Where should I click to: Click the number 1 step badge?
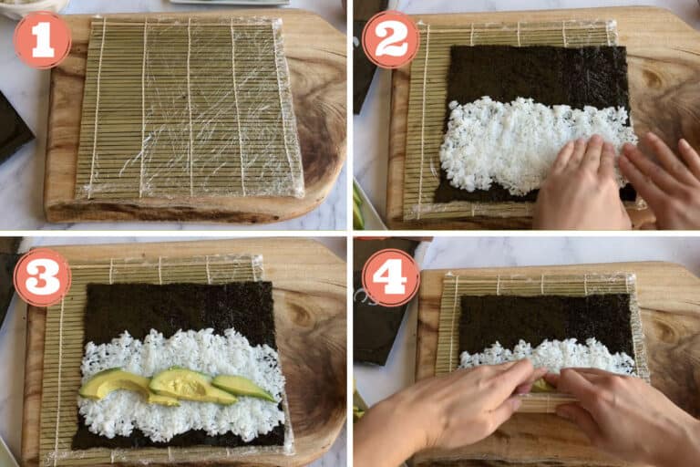(x=43, y=40)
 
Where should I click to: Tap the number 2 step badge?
(x=391, y=40)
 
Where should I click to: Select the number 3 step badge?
(x=43, y=277)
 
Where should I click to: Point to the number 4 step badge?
(x=391, y=277)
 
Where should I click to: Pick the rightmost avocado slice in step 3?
(x=243, y=387)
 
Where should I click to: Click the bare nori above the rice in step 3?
(x=179, y=308)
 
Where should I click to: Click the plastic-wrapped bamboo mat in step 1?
(x=190, y=109)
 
